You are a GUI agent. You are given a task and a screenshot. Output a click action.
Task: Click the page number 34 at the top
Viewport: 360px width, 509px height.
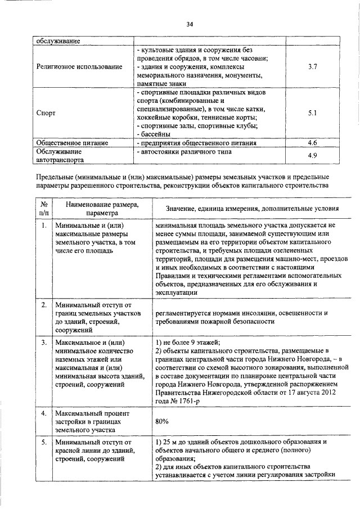[190, 24]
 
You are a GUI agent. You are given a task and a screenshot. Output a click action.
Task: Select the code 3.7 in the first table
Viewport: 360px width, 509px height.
[313, 67]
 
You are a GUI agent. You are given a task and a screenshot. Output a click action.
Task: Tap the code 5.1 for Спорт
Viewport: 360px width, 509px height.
[313, 112]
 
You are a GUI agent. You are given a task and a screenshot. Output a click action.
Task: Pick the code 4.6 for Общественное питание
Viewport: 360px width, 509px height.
[313, 143]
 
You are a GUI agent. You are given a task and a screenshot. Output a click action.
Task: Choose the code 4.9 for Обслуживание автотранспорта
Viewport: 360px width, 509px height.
[313, 155]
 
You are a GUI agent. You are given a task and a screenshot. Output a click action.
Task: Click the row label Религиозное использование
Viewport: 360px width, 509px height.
[79, 67]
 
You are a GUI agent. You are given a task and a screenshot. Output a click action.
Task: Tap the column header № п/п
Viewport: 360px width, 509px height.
[43, 209]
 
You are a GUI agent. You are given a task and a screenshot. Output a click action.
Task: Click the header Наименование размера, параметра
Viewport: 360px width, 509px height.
[98, 209]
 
